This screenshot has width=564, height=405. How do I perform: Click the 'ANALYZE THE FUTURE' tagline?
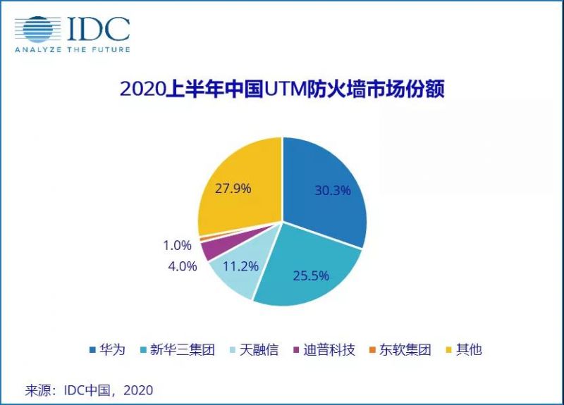tap(73, 50)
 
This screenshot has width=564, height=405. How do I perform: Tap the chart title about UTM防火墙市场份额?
tap(282, 91)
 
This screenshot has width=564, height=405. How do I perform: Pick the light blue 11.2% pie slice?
tap(233, 278)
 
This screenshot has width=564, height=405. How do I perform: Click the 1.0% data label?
tap(177, 246)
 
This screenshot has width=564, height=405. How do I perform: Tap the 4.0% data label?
tap(182, 268)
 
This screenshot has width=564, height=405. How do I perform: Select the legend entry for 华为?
tap(107, 350)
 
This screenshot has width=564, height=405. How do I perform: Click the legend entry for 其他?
tap(465, 350)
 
